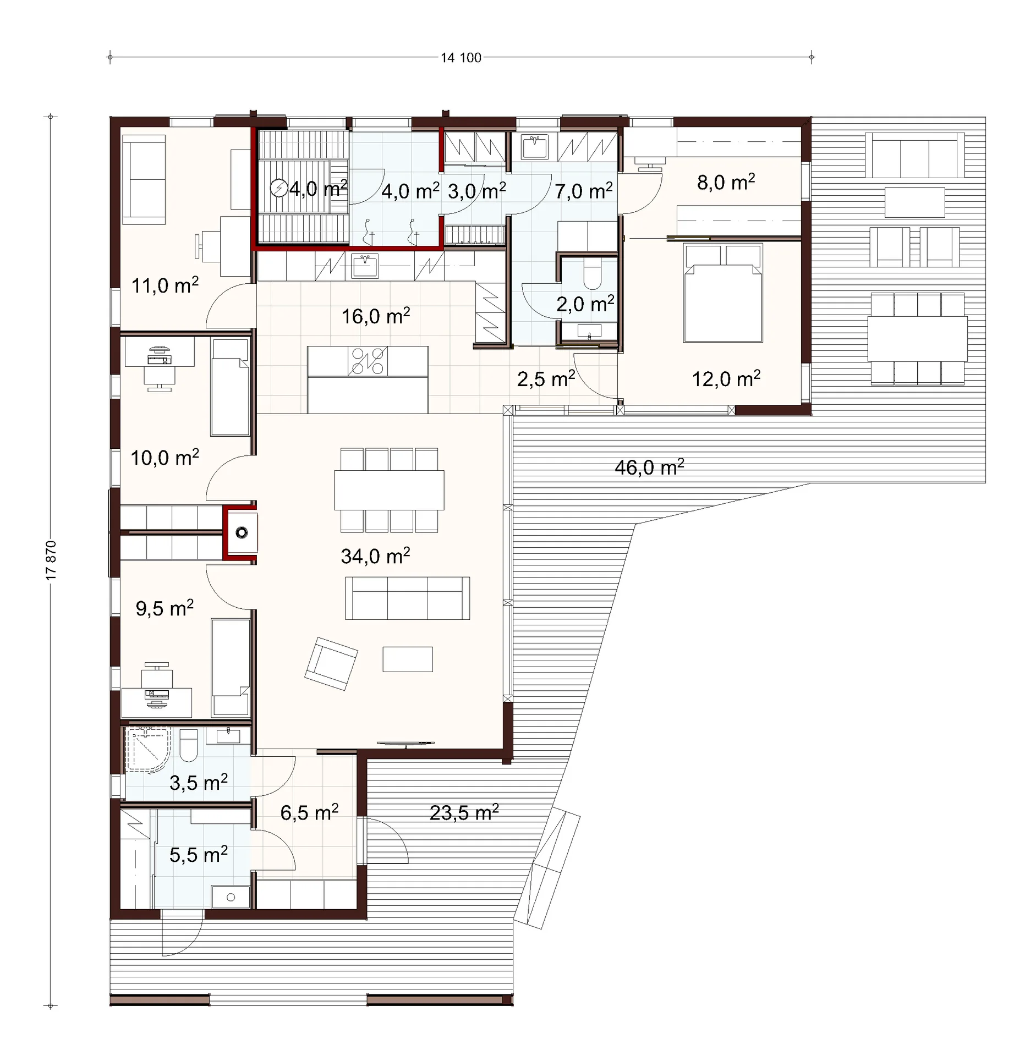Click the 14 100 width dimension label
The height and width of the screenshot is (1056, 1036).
461,58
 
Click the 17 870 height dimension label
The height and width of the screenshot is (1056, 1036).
51,560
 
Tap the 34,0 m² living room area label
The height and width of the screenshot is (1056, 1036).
376,556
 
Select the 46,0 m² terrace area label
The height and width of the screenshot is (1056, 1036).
650,468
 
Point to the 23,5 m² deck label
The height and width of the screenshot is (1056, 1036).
464,812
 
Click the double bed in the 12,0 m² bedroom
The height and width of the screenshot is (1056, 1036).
723,293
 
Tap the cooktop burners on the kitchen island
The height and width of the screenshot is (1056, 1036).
368,361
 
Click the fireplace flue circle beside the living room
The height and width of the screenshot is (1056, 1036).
242,532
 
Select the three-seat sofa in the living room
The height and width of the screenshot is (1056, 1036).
408,598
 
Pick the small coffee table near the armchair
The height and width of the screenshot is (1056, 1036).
408,659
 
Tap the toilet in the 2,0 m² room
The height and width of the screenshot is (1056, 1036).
593,273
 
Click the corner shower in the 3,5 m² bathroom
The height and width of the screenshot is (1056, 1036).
147,749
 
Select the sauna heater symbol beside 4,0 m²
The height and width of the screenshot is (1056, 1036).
279,188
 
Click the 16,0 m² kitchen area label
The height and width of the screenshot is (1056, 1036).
376,316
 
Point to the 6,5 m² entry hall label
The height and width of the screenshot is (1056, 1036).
309,812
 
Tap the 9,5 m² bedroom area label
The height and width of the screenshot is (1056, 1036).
165,608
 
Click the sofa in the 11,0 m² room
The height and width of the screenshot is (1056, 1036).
144,180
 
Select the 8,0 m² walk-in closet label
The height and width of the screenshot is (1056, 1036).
726,182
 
